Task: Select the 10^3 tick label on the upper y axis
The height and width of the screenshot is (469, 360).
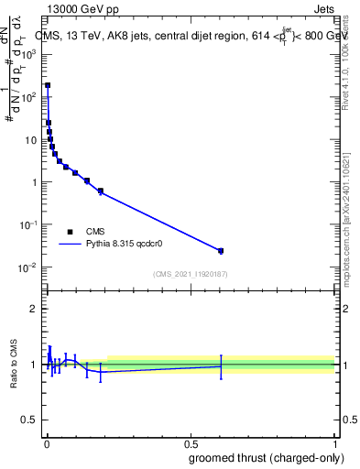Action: [27, 54]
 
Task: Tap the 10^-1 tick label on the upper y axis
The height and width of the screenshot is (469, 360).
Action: [27, 224]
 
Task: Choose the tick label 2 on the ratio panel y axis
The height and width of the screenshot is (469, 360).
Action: [33, 309]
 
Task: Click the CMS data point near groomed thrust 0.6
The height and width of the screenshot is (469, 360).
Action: [221, 250]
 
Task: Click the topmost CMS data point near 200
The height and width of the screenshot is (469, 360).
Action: [48, 85]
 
